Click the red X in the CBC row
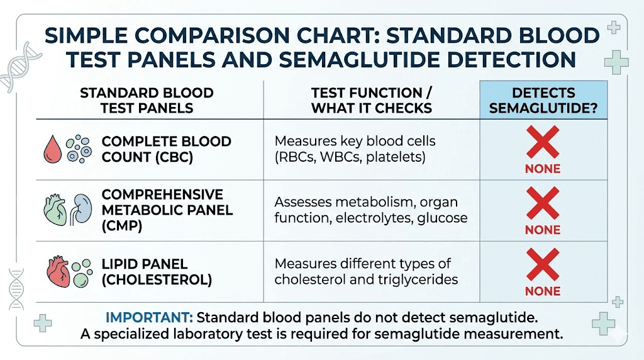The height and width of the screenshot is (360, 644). click(543, 142)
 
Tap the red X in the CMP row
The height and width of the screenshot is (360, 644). click(543, 203)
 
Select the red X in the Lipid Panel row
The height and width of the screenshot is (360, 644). click(543, 264)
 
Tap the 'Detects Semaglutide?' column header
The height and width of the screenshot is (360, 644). click(543, 100)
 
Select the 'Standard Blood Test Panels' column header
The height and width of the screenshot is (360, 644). click(147, 100)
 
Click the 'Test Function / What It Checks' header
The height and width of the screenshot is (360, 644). click(371, 100)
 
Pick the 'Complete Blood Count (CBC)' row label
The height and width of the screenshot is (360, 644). click(166, 149)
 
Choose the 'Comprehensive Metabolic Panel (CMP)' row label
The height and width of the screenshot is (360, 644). click(167, 210)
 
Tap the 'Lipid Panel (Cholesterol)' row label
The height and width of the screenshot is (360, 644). click(157, 272)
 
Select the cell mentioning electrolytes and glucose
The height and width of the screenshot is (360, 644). click(370, 210)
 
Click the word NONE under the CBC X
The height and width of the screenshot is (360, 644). click(543, 169)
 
